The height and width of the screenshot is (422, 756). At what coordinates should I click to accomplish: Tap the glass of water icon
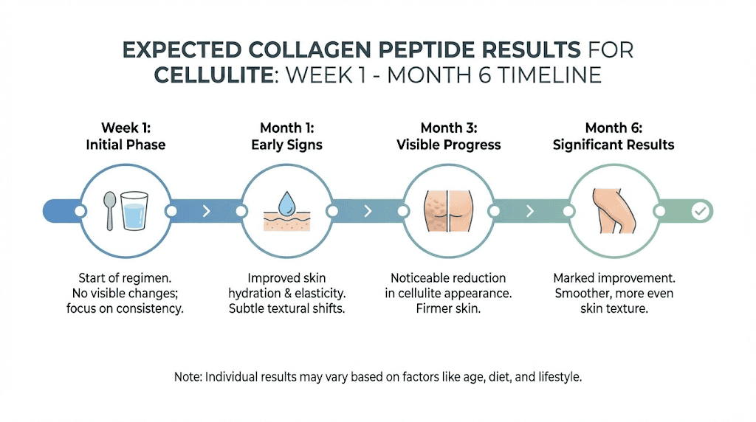134,211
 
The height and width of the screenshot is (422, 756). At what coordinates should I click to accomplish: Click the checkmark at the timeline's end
700,212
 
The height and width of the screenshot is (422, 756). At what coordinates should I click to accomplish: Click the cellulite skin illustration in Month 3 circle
449,212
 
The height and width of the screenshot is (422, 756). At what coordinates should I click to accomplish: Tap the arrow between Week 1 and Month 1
206,212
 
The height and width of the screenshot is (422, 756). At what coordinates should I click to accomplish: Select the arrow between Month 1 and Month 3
368,212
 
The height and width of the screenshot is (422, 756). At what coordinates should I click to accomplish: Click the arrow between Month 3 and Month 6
530,212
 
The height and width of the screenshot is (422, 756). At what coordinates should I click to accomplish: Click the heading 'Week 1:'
126,128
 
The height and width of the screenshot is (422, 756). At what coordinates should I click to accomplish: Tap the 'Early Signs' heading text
286,145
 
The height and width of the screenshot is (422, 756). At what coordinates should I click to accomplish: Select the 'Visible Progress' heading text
448,145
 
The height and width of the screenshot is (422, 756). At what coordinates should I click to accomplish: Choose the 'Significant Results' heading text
613,145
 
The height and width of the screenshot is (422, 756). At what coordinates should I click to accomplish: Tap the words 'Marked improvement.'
613,278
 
